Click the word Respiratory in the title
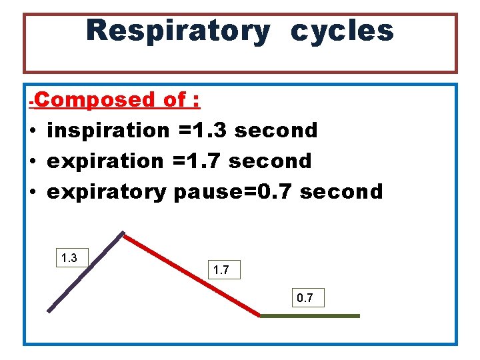(177, 31)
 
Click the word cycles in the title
(342, 31)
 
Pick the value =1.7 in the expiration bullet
(198, 161)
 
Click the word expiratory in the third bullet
(106, 192)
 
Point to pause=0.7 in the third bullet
(233, 192)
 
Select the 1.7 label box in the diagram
(223, 269)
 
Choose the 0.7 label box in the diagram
(307, 297)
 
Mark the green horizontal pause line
(310, 316)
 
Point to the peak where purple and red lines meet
(123, 233)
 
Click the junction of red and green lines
(260, 315)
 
